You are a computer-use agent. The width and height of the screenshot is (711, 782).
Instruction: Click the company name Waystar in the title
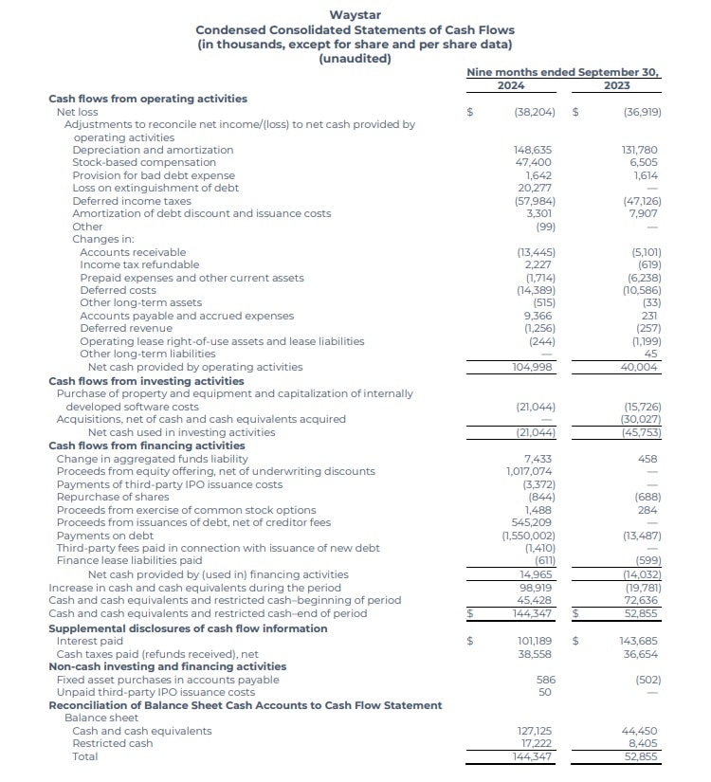355,14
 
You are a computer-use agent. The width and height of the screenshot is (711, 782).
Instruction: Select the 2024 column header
511,85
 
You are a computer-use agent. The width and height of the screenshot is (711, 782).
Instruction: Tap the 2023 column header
616,85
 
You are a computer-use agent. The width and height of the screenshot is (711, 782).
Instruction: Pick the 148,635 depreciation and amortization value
532,150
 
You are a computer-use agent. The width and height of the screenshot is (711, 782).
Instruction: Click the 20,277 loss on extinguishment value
536,188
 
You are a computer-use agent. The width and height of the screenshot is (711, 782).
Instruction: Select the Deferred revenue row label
126,328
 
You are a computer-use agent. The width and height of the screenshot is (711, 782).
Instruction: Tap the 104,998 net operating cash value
532,367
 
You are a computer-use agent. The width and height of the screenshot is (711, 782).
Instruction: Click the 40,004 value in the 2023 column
641,367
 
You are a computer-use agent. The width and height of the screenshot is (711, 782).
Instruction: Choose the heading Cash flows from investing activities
146,380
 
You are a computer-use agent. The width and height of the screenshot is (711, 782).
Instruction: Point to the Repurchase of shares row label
113,497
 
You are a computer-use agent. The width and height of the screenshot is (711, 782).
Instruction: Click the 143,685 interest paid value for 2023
641,641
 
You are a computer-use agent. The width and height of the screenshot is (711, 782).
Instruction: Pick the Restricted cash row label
112,743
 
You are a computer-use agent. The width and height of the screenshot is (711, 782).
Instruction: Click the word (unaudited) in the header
355,59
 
